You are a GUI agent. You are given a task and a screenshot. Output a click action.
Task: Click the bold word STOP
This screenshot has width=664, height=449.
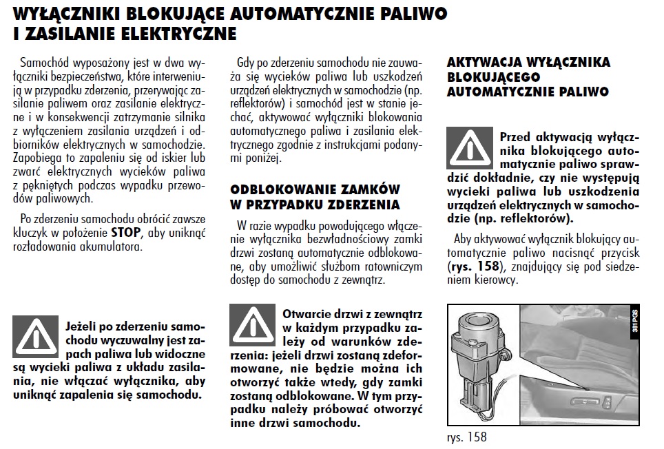click(125, 233)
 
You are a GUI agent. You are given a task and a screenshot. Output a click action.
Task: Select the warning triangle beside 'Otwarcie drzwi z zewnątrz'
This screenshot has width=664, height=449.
click(253, 324)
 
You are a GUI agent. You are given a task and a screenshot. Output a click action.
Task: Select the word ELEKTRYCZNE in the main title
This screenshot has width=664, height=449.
click(176, 33)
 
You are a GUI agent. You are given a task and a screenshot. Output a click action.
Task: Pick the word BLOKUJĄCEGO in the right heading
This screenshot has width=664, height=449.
click(494, 76)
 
